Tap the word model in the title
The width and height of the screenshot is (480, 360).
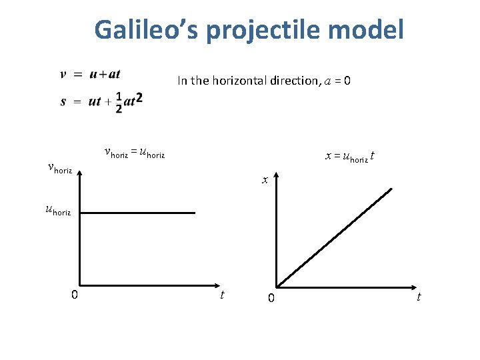(371, 29)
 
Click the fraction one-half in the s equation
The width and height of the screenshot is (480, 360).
(118, 102)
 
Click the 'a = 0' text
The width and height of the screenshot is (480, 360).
(337, 81)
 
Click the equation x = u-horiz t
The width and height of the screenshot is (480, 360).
(349, 156)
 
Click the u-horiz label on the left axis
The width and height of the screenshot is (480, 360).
(57, 211)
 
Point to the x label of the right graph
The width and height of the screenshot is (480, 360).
(265, 179)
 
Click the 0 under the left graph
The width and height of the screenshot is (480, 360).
(75, 295)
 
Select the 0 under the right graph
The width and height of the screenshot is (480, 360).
(271, 298)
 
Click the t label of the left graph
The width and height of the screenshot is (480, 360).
(222, 295)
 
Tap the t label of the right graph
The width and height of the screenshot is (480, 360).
(419, 297)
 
